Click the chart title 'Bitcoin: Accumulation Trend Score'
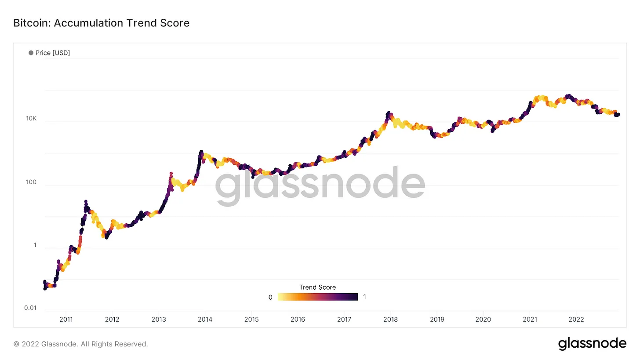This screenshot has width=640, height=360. click(102, 23)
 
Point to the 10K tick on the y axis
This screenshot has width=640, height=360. click(31, 119)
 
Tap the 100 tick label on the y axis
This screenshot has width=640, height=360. click(31, 182)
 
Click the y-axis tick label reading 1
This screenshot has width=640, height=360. click(35, 245)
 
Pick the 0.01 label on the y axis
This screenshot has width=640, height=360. click(30, 308)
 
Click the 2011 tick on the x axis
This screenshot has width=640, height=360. click(66, 320)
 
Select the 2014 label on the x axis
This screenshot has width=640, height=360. click(205, 320)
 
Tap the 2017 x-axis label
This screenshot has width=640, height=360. click(344, 320)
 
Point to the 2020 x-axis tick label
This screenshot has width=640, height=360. click(483, 320)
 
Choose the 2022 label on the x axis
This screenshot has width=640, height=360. click(576, 320)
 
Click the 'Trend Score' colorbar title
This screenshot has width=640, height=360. click(317, 287)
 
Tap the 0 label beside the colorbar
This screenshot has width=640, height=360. click(270, 297)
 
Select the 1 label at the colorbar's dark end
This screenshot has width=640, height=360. click(364, 297)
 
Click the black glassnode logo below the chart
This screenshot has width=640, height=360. click(592, 343)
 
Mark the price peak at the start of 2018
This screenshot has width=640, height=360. click(388, 113)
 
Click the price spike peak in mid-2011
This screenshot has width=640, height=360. click(85, 201)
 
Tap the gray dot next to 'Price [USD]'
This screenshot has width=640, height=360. click(31, 53)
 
